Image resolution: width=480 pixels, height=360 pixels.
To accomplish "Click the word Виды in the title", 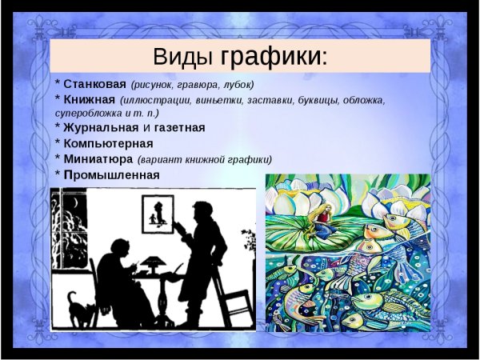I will (x=183, y=57).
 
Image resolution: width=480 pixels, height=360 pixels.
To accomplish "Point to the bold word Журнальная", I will (x=100, y=127).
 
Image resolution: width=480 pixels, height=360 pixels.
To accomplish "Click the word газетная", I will (x=179, y=127).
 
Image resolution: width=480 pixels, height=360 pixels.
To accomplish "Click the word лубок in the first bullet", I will (x=236, y=84).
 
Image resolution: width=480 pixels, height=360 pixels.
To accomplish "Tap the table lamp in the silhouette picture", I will (x=150, y=262).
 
